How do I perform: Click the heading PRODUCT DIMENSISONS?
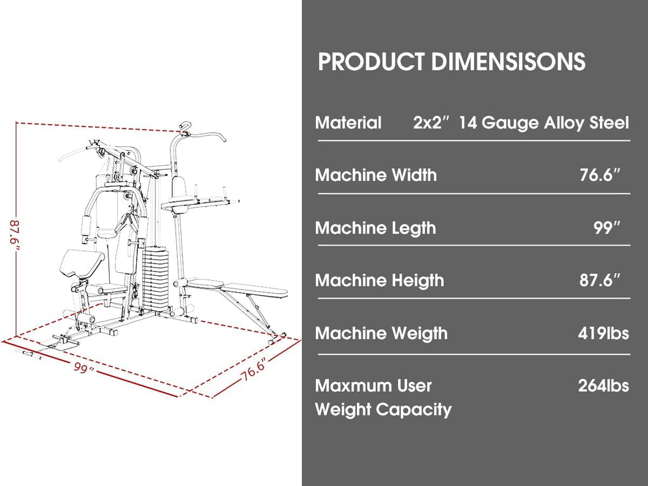[x=451, y=61]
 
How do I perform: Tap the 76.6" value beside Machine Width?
[x=600, y=175]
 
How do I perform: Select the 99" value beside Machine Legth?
[x=607, y=227]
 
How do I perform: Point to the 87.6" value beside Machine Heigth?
[x=600, y=280]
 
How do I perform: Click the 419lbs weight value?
[x=603, y=333]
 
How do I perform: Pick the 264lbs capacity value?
[x=603, y=385]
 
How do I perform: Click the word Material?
[x=348, y=123]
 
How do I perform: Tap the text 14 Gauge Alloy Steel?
[x=544, y=123]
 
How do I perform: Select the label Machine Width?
[x=376, y=175]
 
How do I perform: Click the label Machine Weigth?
[x=381, y=333]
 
